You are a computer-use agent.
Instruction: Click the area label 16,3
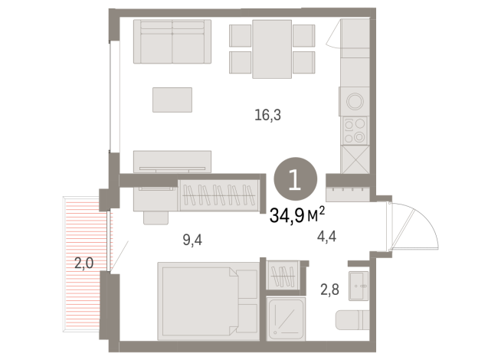[268, 115]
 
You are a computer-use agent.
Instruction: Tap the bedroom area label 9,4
[192, 240]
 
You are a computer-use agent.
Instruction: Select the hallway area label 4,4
[326, 237]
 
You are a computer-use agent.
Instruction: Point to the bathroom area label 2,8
[329, 290]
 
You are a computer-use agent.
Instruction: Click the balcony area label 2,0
[83, 263]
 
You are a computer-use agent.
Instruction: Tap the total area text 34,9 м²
[297, 214]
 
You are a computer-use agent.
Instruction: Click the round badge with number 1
[295, 179]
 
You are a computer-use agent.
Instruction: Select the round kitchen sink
[355, 101]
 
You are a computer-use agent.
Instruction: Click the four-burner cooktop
[355, 130]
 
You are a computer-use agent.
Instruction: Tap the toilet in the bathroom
[352, 319]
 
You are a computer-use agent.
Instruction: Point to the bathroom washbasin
[359, 286]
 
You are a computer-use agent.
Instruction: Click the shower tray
[286, 319]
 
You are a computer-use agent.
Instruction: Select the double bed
[208, 301]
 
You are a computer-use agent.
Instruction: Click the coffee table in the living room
[172, 100]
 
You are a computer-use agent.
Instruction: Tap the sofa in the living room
[172, 41]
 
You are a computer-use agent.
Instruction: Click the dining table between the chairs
[272, 49]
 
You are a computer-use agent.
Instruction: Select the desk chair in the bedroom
[156, 218]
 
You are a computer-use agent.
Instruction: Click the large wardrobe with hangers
[219, 195]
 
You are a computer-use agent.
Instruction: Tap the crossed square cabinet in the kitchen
[355, 159]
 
